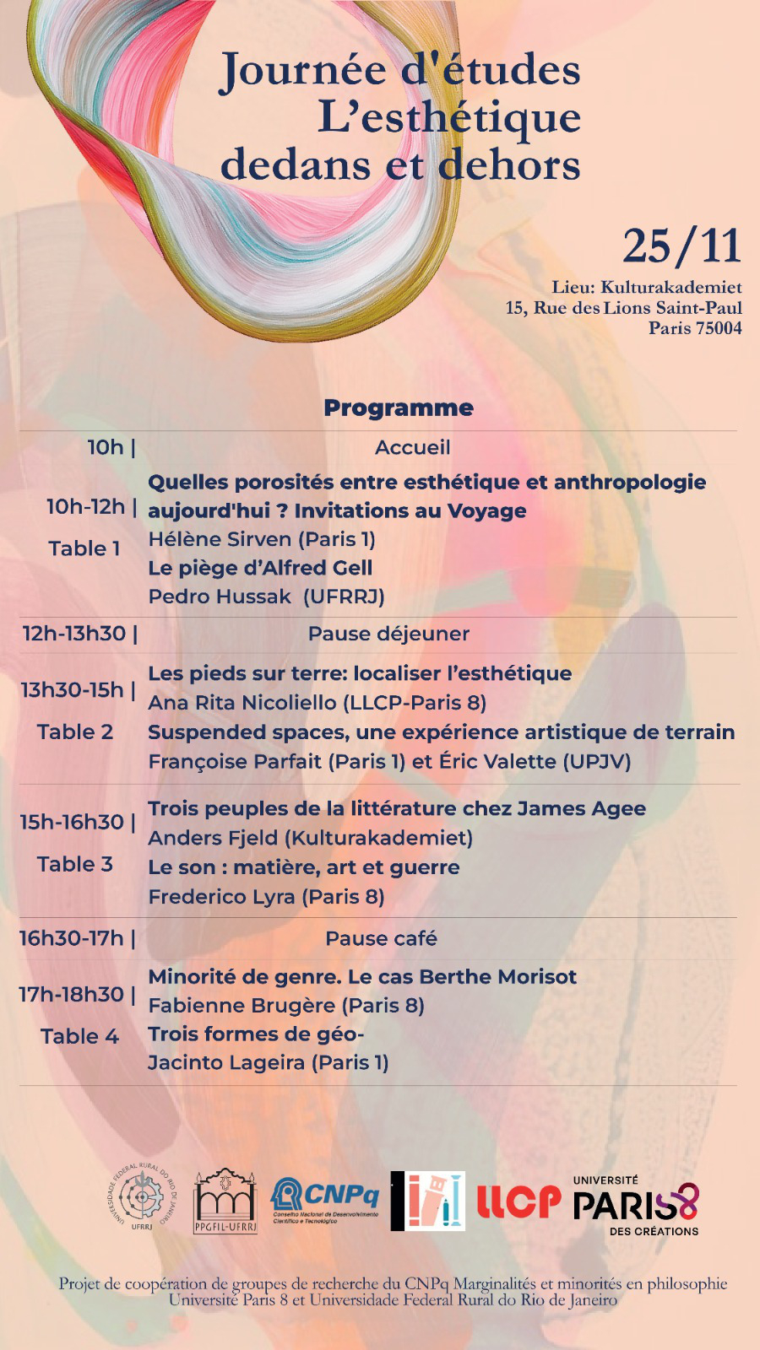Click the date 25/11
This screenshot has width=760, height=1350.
click(x=681, y=246)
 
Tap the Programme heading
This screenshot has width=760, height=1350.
click(x=399, y=408)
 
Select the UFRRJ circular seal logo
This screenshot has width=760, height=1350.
click(x=144, y=1197)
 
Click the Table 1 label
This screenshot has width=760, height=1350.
click(x=84, y=548)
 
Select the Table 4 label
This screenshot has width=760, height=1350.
click(x=79, y=1036)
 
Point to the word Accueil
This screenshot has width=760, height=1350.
click(x=412, y=448)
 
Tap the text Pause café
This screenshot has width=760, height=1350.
click(x=381, y=938)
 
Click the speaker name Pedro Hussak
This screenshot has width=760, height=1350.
click(x=220, y=597)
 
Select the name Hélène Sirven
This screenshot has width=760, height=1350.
click(x=220, y=539)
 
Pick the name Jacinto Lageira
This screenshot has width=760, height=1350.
click(x=226, y=1062)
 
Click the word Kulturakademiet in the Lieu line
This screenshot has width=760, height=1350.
click(x=671, y=288)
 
